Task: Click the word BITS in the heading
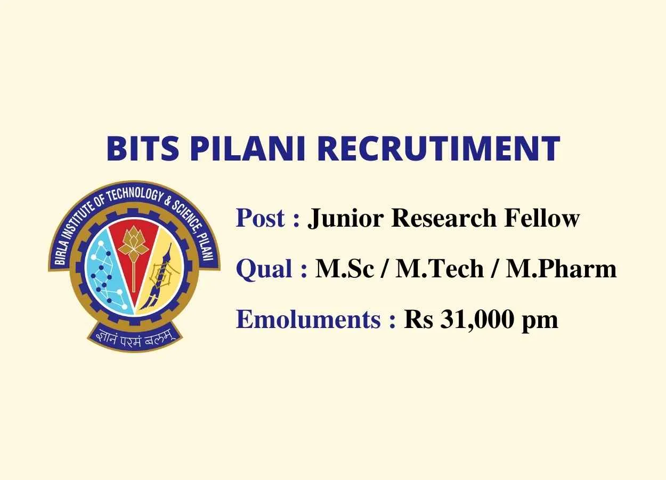143,148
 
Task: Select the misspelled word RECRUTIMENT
440,148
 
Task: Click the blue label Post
260,218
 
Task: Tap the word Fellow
541,218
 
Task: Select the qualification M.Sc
345,269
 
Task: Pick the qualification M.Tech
440,269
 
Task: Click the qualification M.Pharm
561,269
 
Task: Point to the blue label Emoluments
308,319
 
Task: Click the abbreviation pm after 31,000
540,322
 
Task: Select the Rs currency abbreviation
418,319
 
